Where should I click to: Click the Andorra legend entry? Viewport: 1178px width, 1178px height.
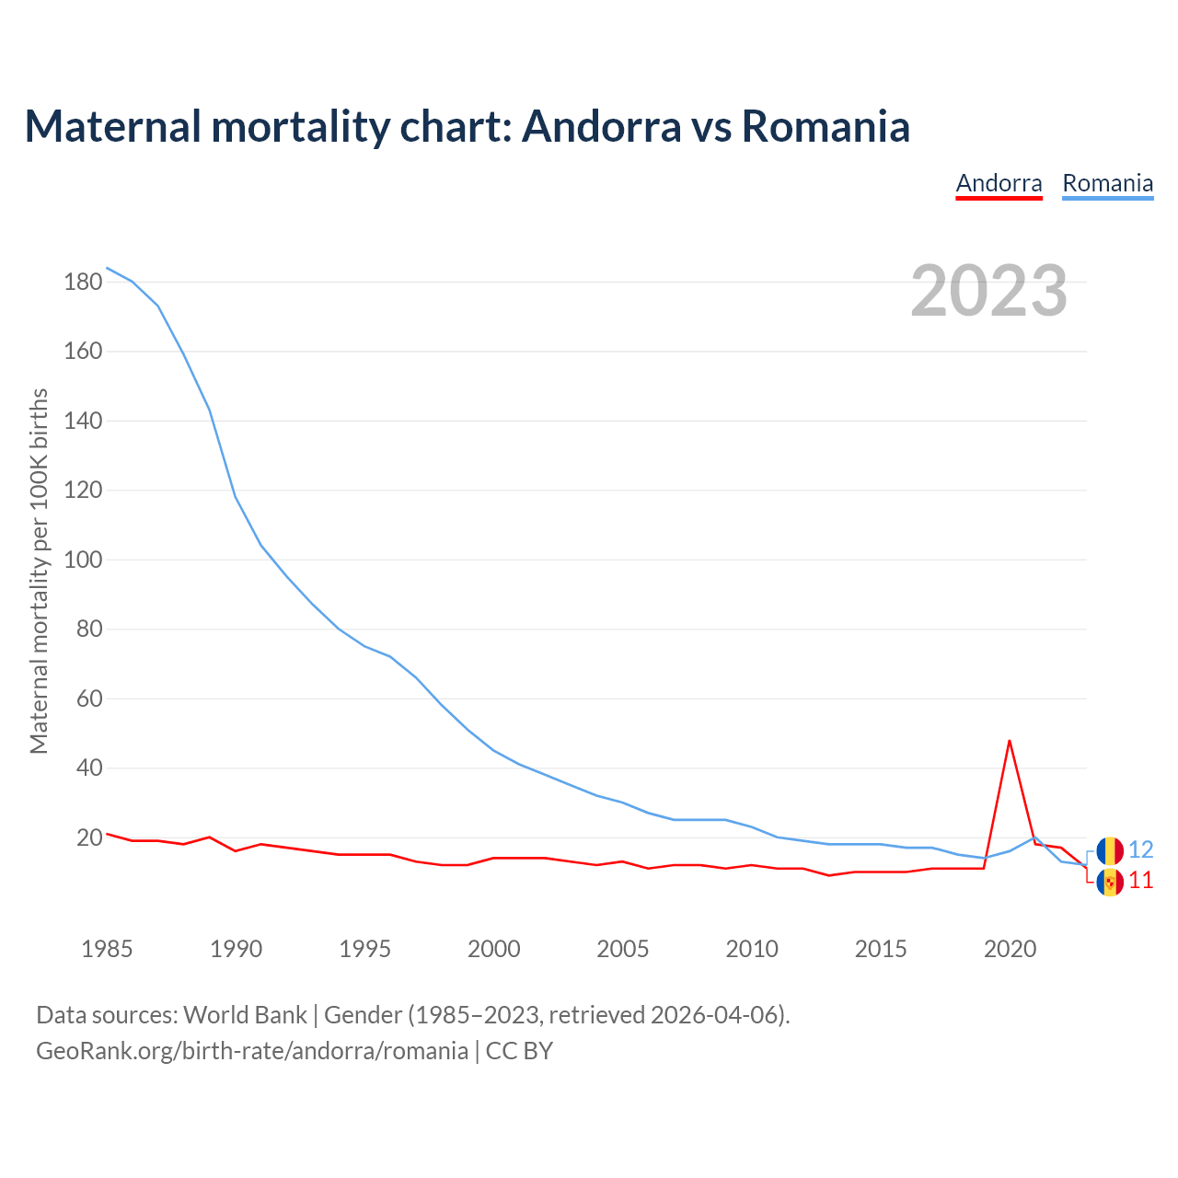pyautogui.click(x=999, y=183)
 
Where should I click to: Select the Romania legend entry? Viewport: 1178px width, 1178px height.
pyautogui.click(x=1107, y=183)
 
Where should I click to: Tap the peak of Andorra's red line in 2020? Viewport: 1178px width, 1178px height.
pyautogui.click(x=1010, y=741)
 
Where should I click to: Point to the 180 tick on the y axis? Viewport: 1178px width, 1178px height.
pyautogui.click(x=83, y=282)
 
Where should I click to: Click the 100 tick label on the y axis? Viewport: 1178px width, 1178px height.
pyautogui.click(x=83, y=560)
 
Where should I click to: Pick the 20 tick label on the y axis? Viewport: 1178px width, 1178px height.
pyautogui.click(x=89, y=837)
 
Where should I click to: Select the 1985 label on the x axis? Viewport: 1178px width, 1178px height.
pyautogui.click(x=107, y=949)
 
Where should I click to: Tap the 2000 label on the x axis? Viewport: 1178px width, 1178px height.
pyautogui.click(x=494, y=949)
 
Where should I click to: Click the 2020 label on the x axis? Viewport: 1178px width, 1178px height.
pyautogui.click(x=1010, y=949)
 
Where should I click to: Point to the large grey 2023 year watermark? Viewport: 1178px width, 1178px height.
pyautogui.click(x=989, y=291)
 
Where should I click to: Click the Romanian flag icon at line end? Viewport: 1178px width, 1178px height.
pyautogui.click(x=1110, y=850)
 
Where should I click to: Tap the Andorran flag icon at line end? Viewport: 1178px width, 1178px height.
pyautogui.click(x=1110, y=882)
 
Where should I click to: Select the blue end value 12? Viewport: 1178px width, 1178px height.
pyautogui.click(x=1141, y=849)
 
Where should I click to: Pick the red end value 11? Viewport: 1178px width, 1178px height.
pyautogui.click(x=1141, y=882)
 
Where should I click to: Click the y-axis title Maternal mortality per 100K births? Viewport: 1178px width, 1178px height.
pyautogui.click(x=39, y=571)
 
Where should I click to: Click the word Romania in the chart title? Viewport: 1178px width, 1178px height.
pyautogui.click(x=826, y=126)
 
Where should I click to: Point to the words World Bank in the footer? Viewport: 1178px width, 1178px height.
pyautogui.click(x=245, y=1015)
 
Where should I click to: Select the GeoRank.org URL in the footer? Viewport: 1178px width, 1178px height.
pyautogui.click(x=252, y=1051)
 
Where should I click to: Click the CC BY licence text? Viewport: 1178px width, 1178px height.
pyautogui.click(x=519, y=1051)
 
